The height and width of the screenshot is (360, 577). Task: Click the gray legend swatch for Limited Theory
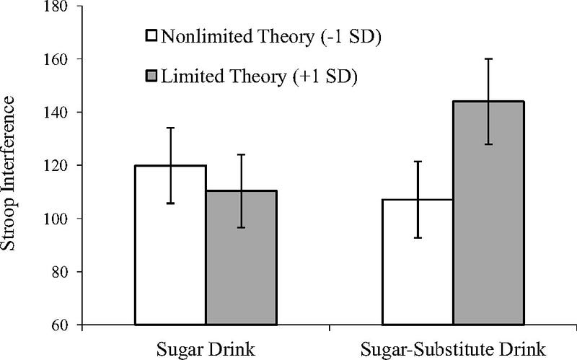(151, 76)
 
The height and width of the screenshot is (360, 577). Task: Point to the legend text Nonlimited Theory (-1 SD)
(271, 37)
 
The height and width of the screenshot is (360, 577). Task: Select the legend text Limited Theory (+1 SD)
(260, 77)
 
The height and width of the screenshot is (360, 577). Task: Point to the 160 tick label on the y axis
(56, 59)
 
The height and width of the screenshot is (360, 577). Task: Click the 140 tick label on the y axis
(56, 113)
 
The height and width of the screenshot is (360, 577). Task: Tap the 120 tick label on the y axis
(56, 166)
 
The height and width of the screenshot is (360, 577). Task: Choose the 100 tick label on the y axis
(56, 219)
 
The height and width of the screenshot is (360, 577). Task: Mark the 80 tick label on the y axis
(60, 272)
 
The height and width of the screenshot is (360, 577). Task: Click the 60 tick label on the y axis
(60, 325)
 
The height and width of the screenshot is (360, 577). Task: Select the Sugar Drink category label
(206, 349)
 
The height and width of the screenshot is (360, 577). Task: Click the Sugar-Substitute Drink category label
(453, 349)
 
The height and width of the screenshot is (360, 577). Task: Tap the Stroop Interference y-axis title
(8, 173)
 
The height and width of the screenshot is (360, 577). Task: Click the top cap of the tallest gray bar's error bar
(488, 59)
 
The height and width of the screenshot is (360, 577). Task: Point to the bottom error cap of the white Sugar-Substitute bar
(418, 238)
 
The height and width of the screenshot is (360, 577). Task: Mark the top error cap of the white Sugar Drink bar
(170, 128)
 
